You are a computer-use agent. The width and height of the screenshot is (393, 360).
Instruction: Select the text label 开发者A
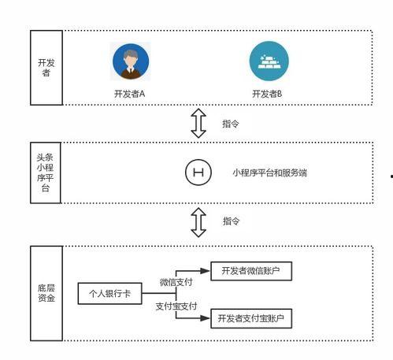click(130, 94)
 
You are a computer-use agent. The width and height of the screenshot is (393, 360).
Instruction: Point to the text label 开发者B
click(267, 94)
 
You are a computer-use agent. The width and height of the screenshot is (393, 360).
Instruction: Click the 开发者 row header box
click(46, 67)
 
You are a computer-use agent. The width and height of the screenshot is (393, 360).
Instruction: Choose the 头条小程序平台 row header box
click(46, 173)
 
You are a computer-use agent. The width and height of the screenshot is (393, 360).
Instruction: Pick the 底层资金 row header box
click(46, 293)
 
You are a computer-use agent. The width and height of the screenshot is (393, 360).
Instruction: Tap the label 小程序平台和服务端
click(269, 171)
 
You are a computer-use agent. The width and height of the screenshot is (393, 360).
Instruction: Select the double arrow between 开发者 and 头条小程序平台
click(199, 124)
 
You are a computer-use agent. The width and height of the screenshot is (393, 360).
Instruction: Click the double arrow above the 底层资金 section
click(199, 222)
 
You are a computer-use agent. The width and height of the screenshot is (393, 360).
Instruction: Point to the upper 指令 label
click(231, 124)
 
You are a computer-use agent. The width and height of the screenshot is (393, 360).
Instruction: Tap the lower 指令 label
click(231, 221)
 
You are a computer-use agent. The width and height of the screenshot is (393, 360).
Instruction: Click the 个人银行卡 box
click(109, 294)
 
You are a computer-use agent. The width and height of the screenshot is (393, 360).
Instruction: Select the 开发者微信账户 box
click(251, 272)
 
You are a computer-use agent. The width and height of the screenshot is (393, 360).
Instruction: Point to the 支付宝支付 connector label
click(176, 306)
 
